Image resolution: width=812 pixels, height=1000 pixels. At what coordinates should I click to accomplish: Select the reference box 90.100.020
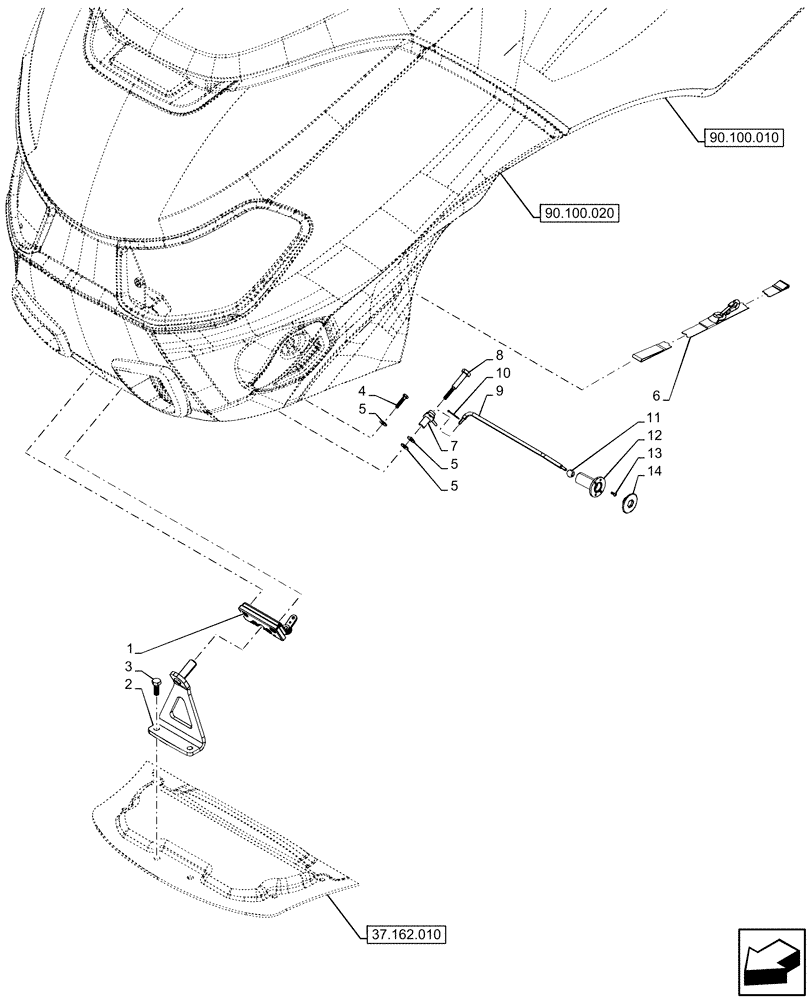coord(580,212)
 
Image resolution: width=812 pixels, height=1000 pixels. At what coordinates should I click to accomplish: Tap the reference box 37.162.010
coord(401,935)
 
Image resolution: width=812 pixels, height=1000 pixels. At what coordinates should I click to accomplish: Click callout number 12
coord(654,435)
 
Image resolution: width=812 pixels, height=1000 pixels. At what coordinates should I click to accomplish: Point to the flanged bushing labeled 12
coord(596,486)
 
